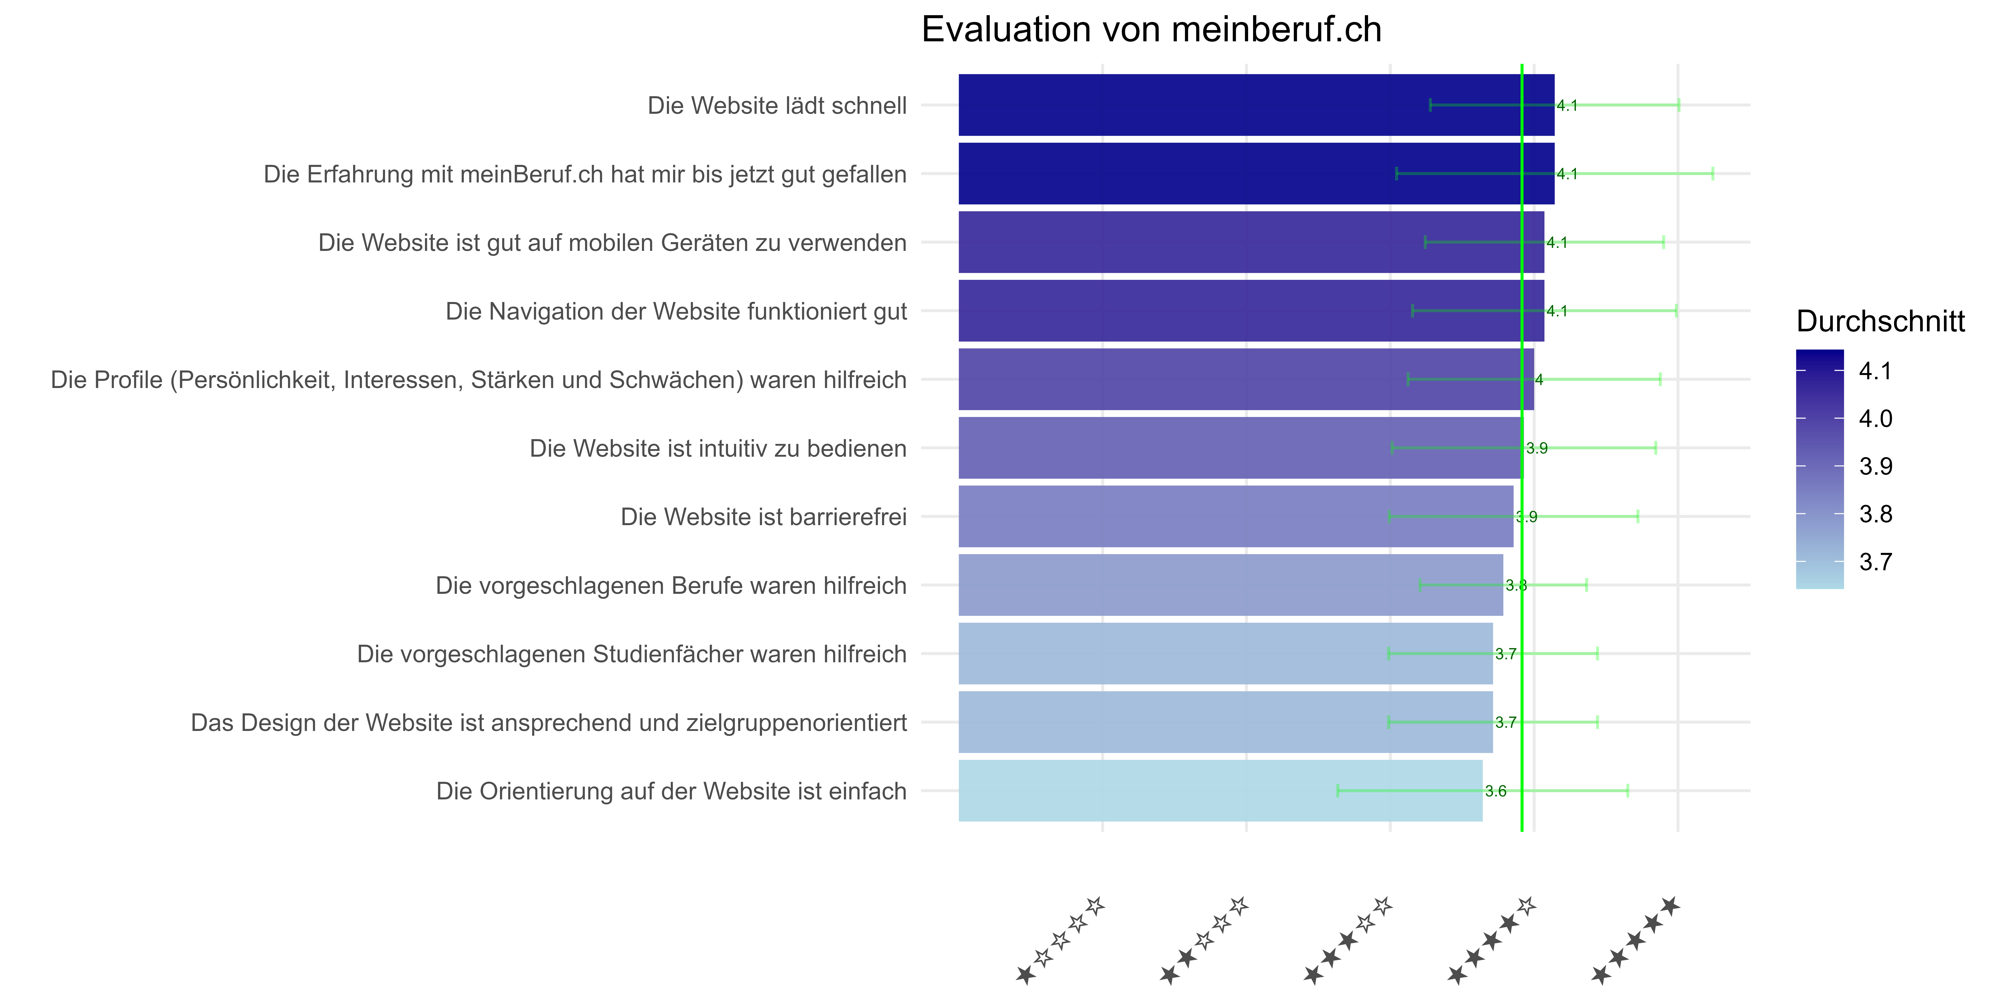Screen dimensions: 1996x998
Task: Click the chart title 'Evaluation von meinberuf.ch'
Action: coord(1151,30)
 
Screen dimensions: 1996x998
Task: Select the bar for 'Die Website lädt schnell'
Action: coord(1256,105)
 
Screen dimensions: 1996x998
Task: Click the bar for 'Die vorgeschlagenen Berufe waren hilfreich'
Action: coord(1231,585)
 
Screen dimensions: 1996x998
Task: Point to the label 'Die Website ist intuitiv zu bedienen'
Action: coord(718,449)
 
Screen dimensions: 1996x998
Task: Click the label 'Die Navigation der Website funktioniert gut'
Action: coord(676,312)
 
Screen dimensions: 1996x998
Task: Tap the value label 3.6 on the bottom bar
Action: coord(1495,791)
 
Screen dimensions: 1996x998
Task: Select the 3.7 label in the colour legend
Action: coord(1876,562)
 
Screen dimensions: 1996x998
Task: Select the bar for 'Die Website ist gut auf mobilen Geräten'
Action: coord(1251,243)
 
